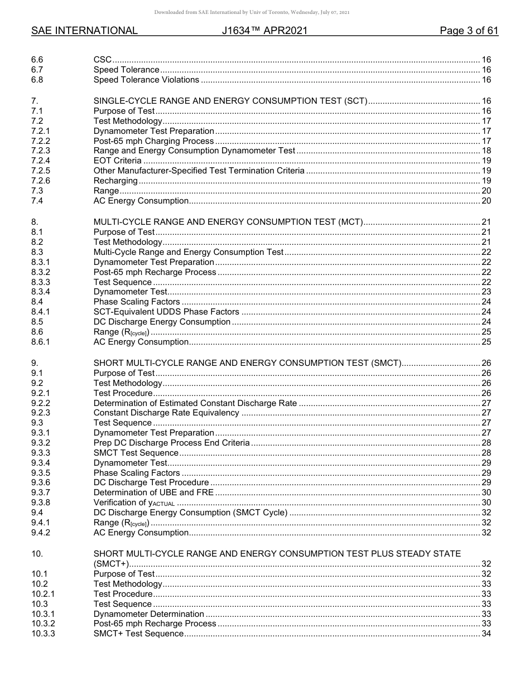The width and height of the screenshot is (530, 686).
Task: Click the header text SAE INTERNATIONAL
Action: tap(84, 31)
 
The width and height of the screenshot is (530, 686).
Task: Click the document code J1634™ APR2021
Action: tap(264, 31)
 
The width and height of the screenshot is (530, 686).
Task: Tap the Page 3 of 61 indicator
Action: tap(469, 31)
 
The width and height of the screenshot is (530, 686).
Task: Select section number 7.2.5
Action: tap(41, 171)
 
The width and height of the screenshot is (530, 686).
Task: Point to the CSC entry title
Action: tap(102, 60)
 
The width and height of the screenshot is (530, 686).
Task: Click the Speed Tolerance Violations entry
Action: tap(146, 80)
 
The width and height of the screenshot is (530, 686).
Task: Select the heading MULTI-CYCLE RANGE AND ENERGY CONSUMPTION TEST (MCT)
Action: tap(228, 222)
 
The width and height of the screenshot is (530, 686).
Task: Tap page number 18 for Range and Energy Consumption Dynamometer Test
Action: tap(486, 151)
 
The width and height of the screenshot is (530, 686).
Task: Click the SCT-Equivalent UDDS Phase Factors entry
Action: tap(166, 312)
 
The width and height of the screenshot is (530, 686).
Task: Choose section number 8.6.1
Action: tap(41, 342)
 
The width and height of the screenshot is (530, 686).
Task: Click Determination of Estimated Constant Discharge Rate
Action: tap(195, 403)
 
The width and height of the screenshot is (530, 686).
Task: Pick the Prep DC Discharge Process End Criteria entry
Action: tap(171, 443)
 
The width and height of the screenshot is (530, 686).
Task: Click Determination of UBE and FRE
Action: tap(153, 492)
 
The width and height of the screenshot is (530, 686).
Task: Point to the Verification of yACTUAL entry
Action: tap(134, 503)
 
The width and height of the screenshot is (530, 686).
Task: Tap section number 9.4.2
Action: tap(41, 533)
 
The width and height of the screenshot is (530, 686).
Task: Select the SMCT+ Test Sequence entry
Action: tap(138, 634)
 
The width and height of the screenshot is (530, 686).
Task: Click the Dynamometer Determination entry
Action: tap(149, 614)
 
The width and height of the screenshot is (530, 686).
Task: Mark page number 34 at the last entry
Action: tap(486, 634)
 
